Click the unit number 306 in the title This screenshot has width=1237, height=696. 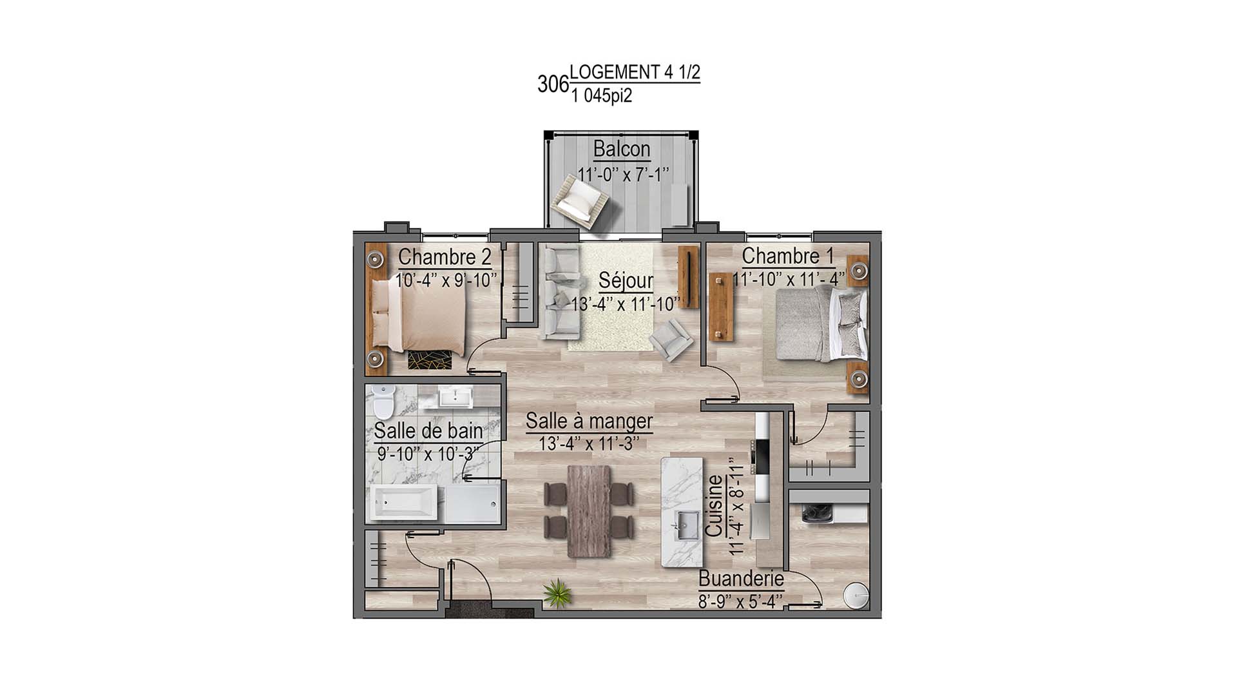[x=553, y=84]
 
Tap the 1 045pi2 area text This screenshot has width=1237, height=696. [x=601, y=96]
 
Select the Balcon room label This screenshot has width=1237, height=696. [x=621, y=150]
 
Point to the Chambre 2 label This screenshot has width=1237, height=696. [x=445, y=256]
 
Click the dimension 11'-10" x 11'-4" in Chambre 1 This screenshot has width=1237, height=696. [x=789, y=280]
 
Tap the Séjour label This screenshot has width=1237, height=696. [x=625, y=281]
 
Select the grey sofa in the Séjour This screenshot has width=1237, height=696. [x=555, y=294]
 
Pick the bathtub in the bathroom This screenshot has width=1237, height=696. [x=406, y=503]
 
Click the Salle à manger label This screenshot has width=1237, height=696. [x=589, y=421]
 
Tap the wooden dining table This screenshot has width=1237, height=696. [x=589, y=510]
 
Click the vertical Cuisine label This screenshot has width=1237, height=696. [x=714, y=507]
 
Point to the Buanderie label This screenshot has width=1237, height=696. [x=741, y=579]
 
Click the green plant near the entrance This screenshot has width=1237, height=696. [x=557, y=593]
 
